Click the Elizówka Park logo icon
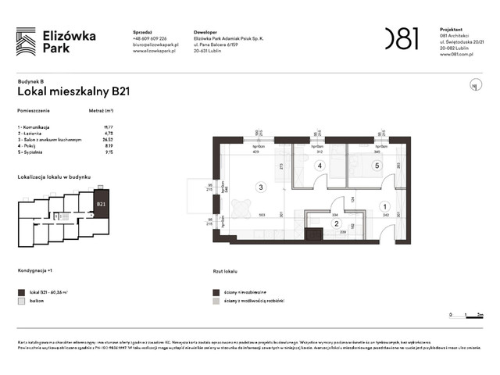click(x=26, y=41)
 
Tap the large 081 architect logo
click(x=401, y=37)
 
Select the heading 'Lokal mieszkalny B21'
click(x=73, y=91)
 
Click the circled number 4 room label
click(x=320, y=166)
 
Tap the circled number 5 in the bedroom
click(x=376, y=166)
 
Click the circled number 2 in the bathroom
click(x=337, y=223)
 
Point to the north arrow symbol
click(x=473, y=85)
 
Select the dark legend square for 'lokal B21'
click(x=21, y=291)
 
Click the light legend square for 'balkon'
click(x=21, y=300)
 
